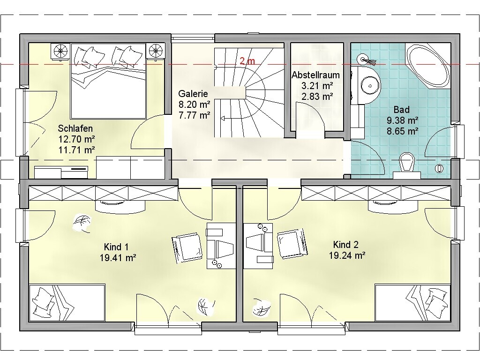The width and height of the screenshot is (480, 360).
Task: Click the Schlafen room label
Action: (75, 128)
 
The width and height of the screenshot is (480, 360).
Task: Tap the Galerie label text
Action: (193, 94)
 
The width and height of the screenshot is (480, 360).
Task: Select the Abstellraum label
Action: (315, 75)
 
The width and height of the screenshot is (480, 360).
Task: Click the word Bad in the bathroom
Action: (402, 109)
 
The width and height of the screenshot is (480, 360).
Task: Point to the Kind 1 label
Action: (116, 247)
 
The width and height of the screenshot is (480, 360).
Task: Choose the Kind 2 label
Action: (345, 245)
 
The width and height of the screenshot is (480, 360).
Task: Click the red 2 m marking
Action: (247, 61)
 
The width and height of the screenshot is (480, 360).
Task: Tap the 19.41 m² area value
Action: (118, 258)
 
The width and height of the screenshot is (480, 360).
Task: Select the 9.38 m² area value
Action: (403, 120)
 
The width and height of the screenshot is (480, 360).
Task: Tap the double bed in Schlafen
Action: (108, 81)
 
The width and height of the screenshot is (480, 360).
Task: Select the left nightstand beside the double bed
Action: (60, 51)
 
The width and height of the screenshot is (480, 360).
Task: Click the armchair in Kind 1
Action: (187, 248)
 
